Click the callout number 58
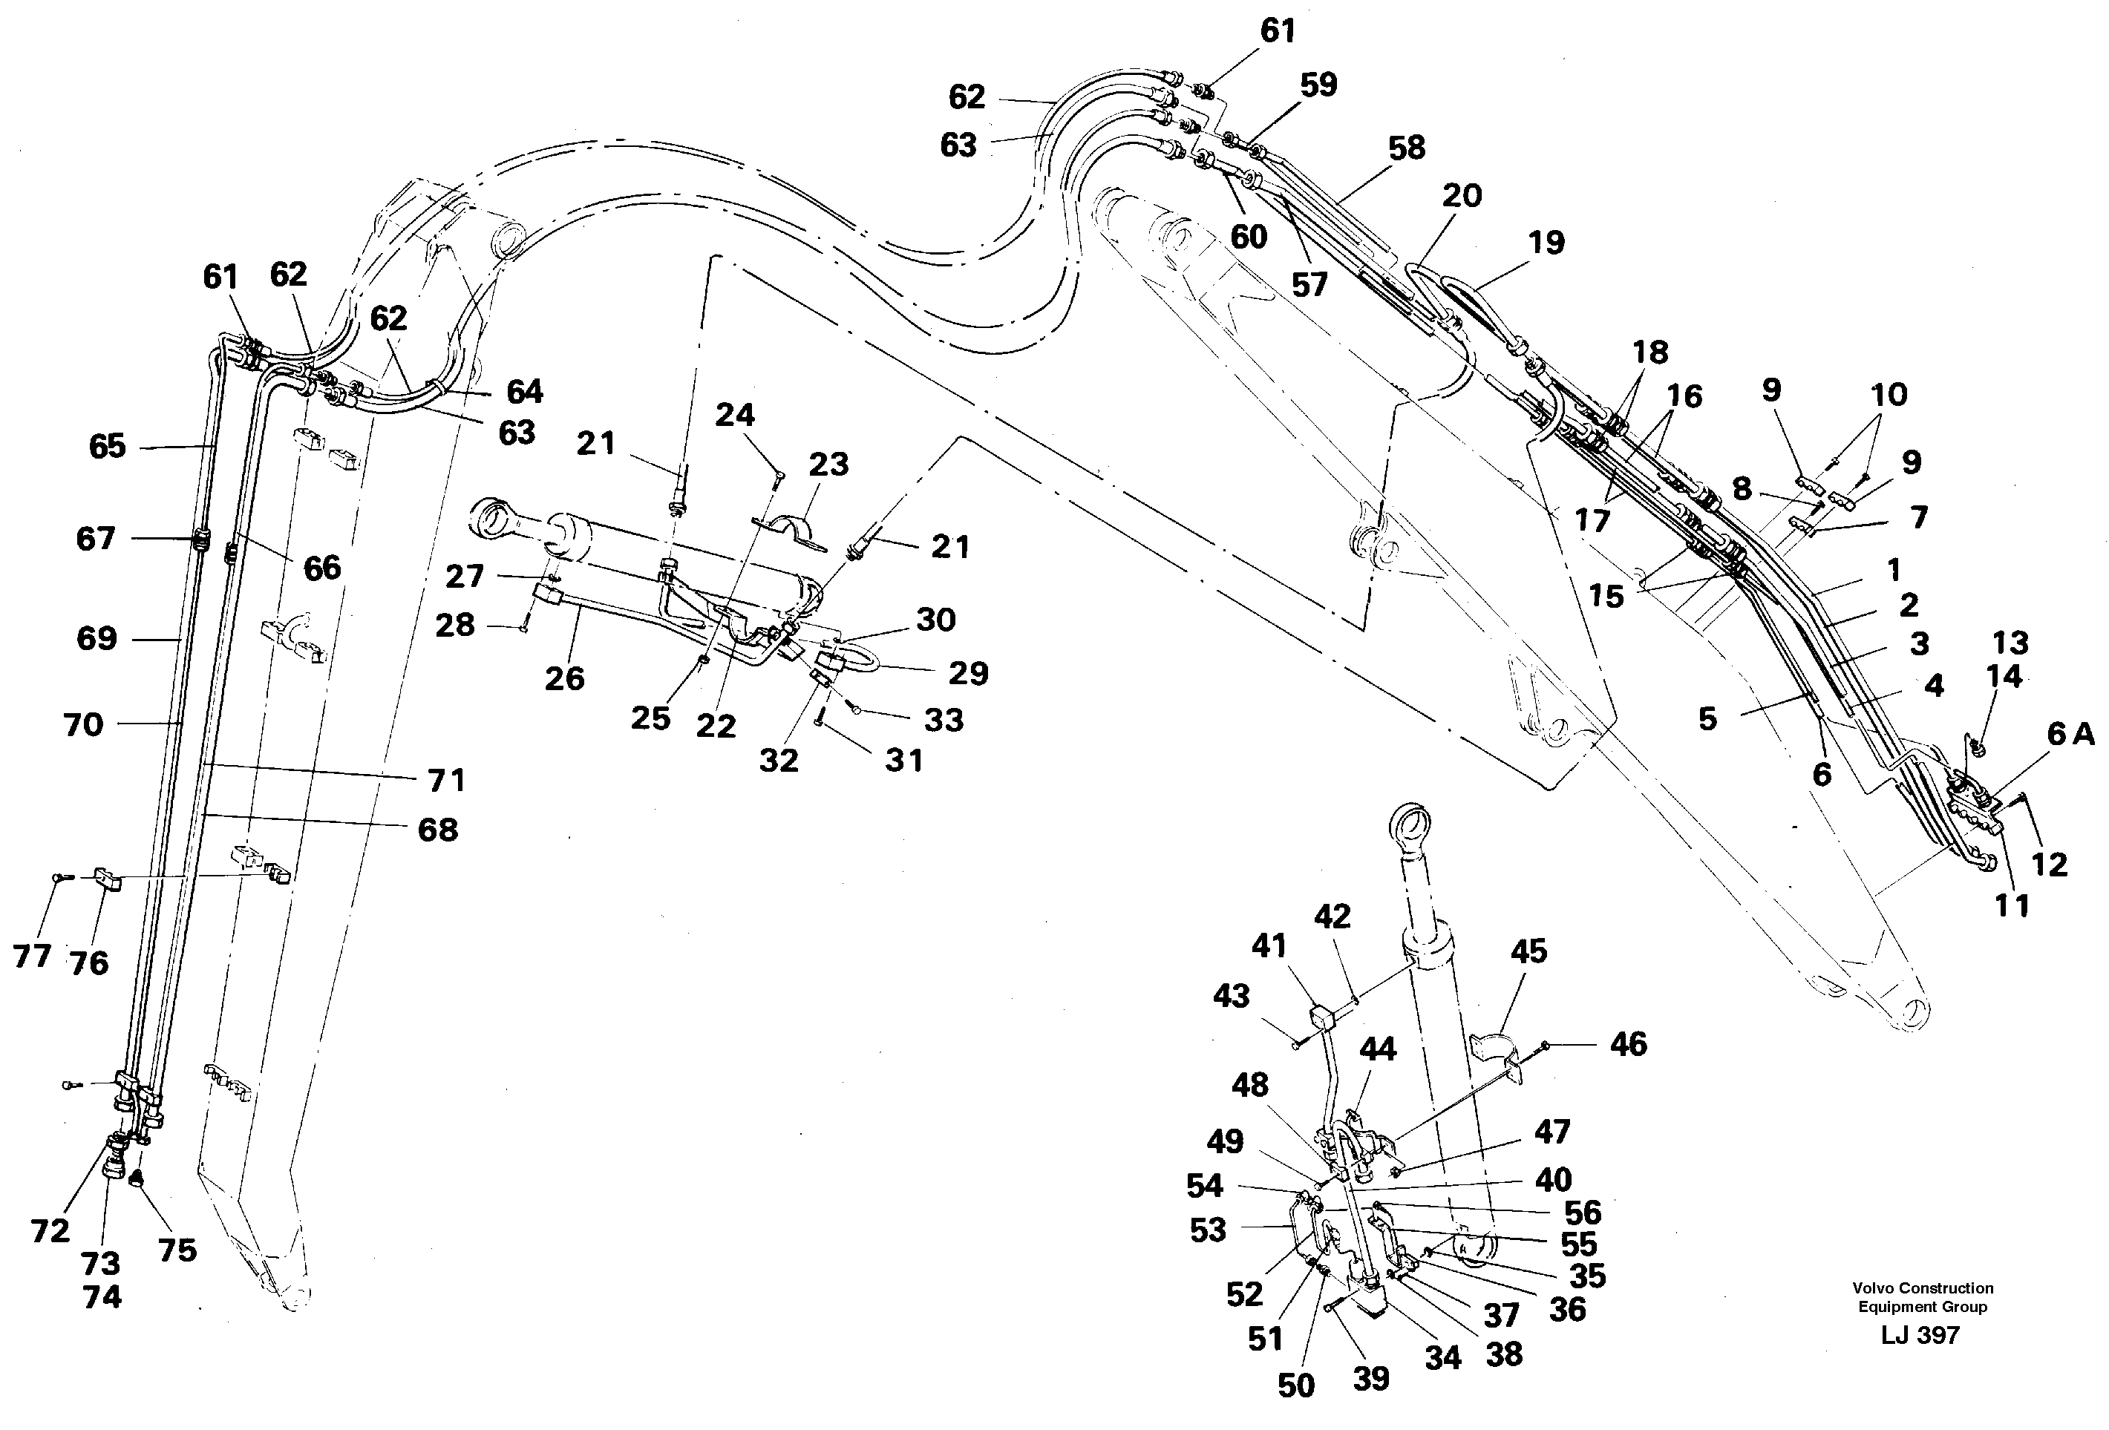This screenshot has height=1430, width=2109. click(x=1406, y=148)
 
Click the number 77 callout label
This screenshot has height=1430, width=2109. click(x=32, y=956)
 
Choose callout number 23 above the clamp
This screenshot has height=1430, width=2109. click(x=828, y=465)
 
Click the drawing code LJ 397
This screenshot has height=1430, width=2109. click(x=1920, y=1335)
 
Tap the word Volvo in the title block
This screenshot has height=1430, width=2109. click(x=1873, y=1288)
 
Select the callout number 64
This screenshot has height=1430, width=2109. click(x=525, y=391)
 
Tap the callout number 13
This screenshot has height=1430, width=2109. click(x=2010, y=643)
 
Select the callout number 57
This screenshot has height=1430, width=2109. click(x=1309, y=285)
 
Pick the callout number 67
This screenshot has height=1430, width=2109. click(x=95, y=539)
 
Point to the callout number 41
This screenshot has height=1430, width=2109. click(x=1269, y=945)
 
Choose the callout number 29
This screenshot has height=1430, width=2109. click(x=967, y=672)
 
